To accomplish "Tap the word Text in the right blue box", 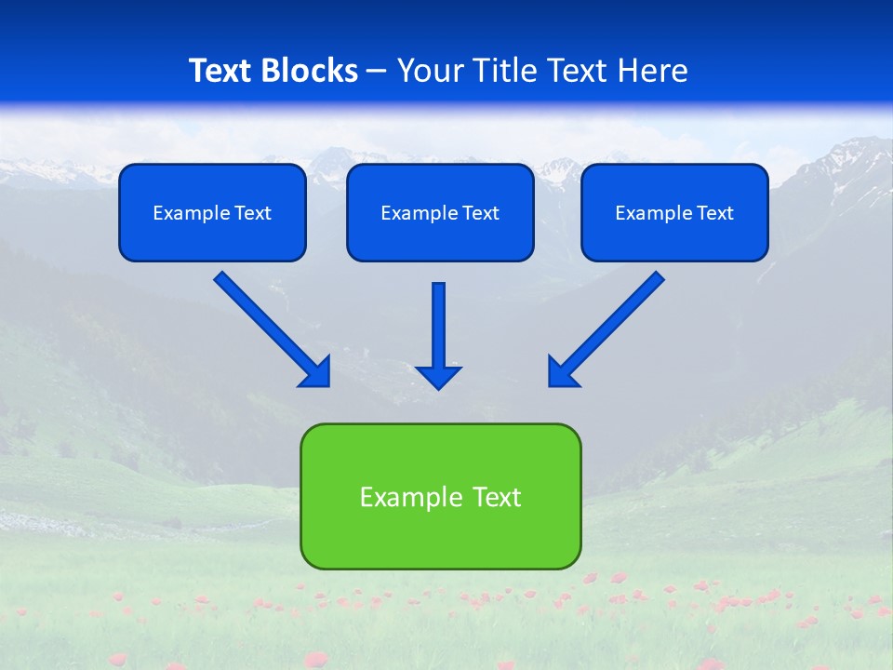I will point(714,213).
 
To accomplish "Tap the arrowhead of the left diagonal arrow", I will point(317,373).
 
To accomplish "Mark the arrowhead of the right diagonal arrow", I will point(561,373).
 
